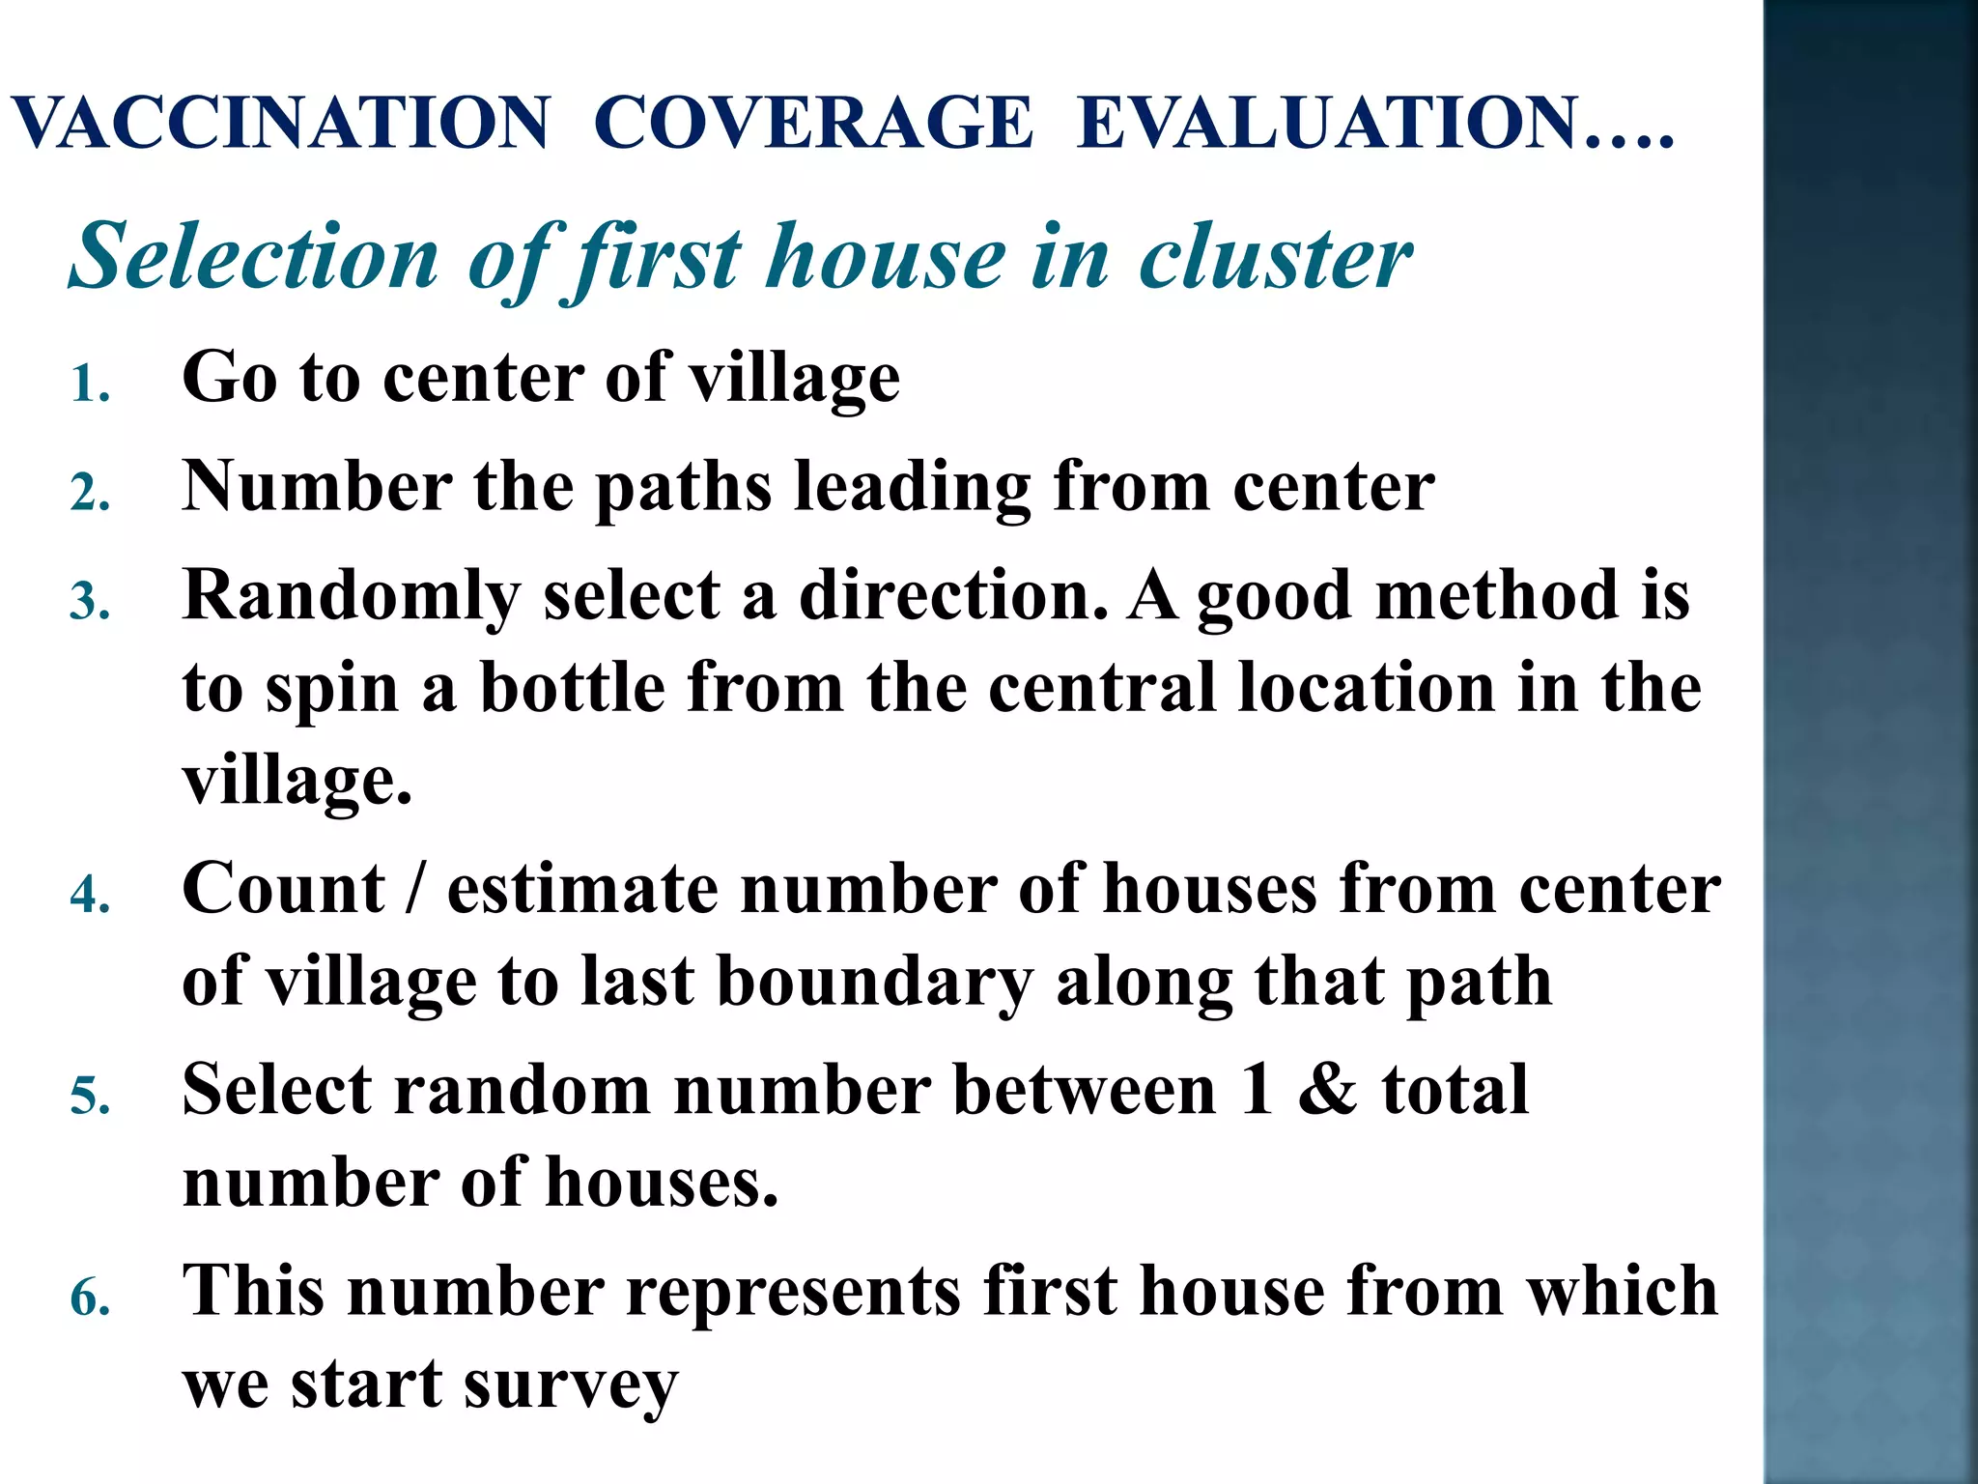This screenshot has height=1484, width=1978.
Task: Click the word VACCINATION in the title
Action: pos(281,124)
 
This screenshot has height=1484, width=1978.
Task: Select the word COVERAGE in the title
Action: pos(813,124)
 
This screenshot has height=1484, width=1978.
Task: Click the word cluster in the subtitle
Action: pos(1275,257)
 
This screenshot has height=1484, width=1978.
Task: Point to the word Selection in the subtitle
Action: pos(255,257)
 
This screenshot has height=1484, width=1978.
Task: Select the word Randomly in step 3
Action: pos(352,597)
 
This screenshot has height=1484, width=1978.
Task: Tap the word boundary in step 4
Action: pos(875,984)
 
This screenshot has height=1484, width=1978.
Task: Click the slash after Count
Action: pos(414,889)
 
